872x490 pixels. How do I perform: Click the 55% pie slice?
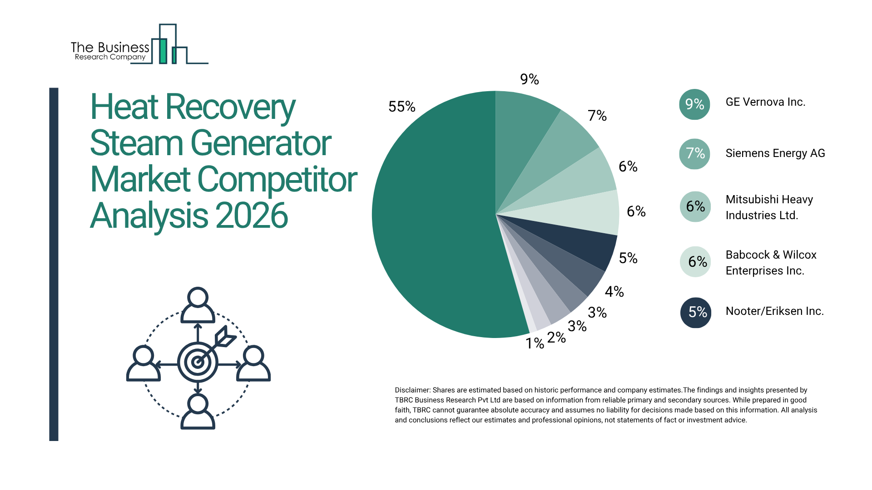431,218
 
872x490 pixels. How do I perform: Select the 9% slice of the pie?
522,132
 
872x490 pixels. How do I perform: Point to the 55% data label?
401,107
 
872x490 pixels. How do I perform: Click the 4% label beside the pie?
614,292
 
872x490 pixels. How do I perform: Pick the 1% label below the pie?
535,343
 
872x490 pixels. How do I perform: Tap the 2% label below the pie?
556,338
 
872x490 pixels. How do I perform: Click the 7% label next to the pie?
597,116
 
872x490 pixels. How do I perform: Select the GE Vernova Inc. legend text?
765,102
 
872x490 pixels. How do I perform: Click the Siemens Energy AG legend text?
775,153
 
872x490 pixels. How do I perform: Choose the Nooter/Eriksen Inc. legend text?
774,311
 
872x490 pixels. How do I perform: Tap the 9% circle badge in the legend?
694,104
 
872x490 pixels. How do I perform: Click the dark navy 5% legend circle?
696,312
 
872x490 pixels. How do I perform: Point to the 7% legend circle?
694,154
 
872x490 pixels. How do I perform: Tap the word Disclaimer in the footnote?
412,390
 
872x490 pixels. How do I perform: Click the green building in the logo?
163,51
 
